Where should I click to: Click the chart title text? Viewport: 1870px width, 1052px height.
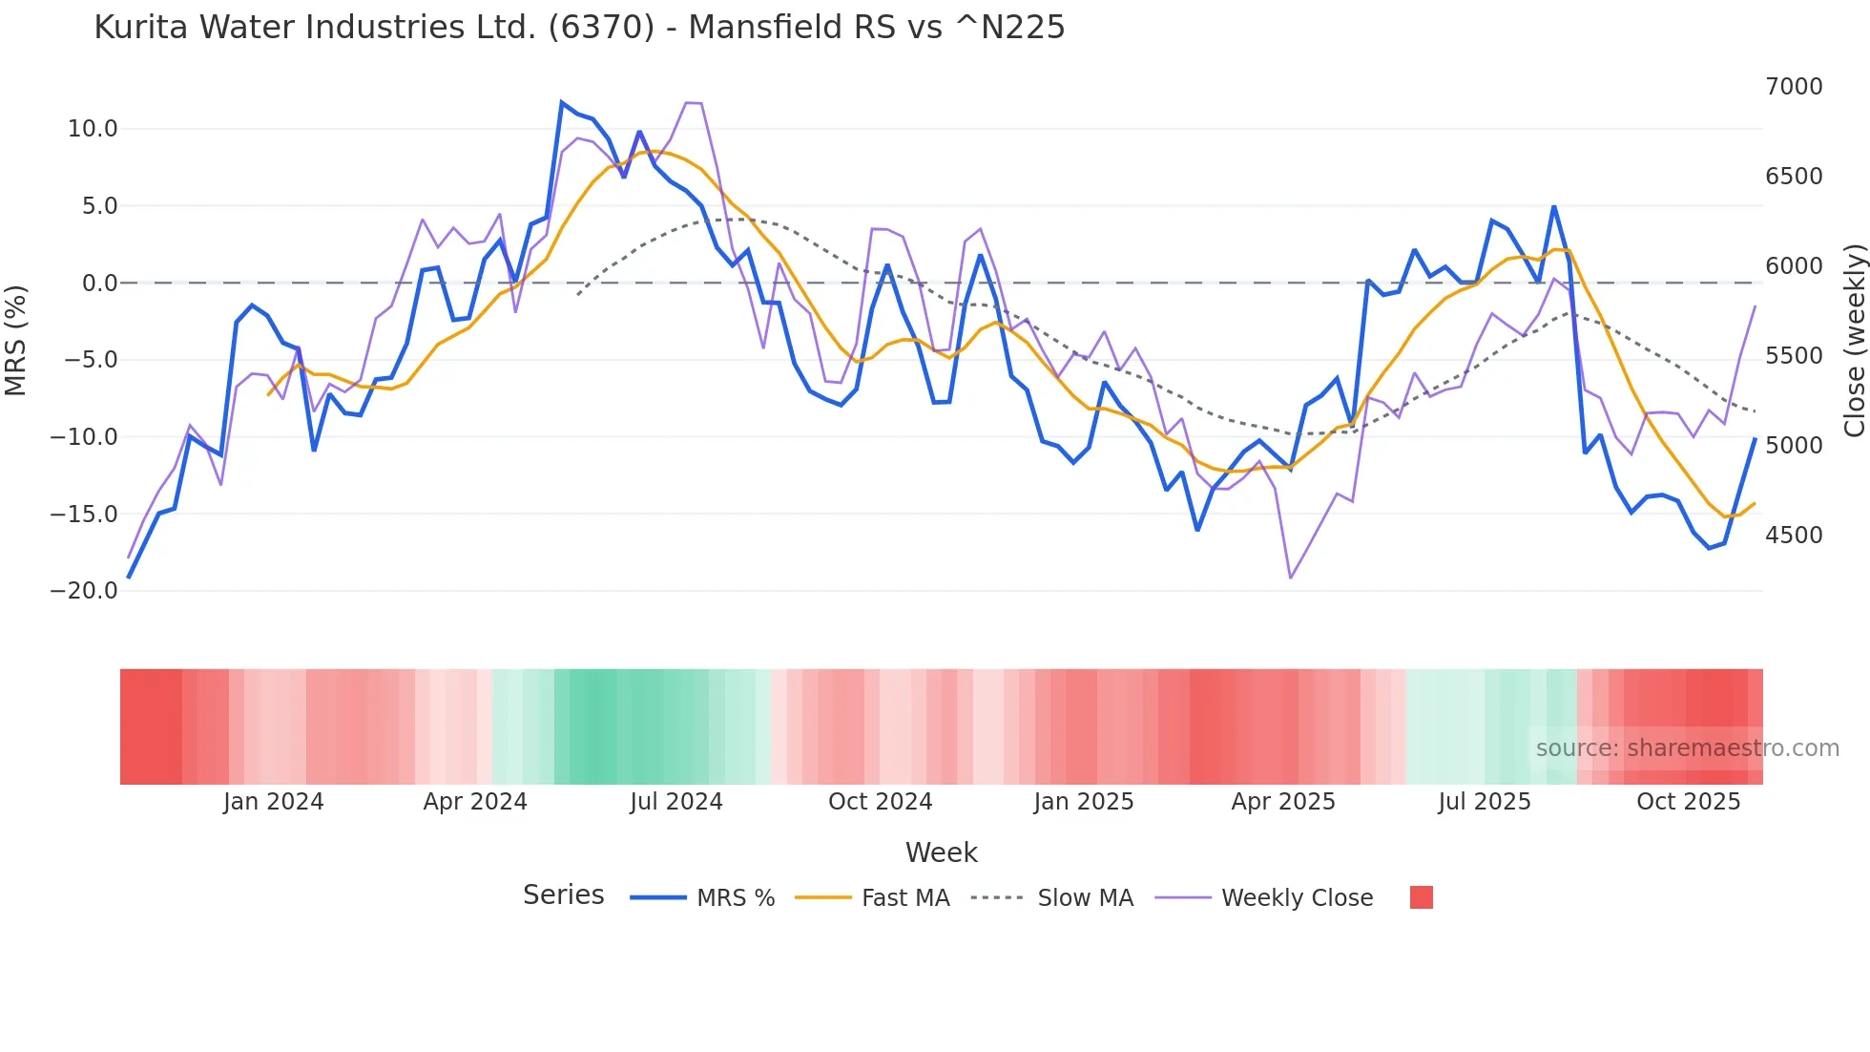(579, 28)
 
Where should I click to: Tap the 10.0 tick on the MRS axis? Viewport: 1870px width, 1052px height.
(93, 129)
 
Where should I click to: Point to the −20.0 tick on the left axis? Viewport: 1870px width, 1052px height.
(84, 591)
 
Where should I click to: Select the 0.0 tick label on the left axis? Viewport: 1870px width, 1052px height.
(99, 284)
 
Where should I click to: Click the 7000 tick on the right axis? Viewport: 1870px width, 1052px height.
(1794, 87)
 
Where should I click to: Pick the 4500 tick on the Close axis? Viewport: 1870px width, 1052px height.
(1794, 536)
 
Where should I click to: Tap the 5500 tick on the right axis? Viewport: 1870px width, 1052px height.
(1794, 356)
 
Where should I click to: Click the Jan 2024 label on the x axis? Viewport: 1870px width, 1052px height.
(274, 802)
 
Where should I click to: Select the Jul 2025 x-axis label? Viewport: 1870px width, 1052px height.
(1485, 802)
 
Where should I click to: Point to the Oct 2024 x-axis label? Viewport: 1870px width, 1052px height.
(880, 802)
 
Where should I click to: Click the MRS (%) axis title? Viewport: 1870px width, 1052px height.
(16, 341)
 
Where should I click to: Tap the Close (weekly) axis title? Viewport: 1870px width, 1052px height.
(1854, 341)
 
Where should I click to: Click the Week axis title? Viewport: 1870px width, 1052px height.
(941, 852)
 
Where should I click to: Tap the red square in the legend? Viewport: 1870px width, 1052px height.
(1422, 897)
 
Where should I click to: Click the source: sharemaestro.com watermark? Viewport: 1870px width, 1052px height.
(1687, 748)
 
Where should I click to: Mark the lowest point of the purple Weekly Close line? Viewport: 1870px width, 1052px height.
(1291, 578)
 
